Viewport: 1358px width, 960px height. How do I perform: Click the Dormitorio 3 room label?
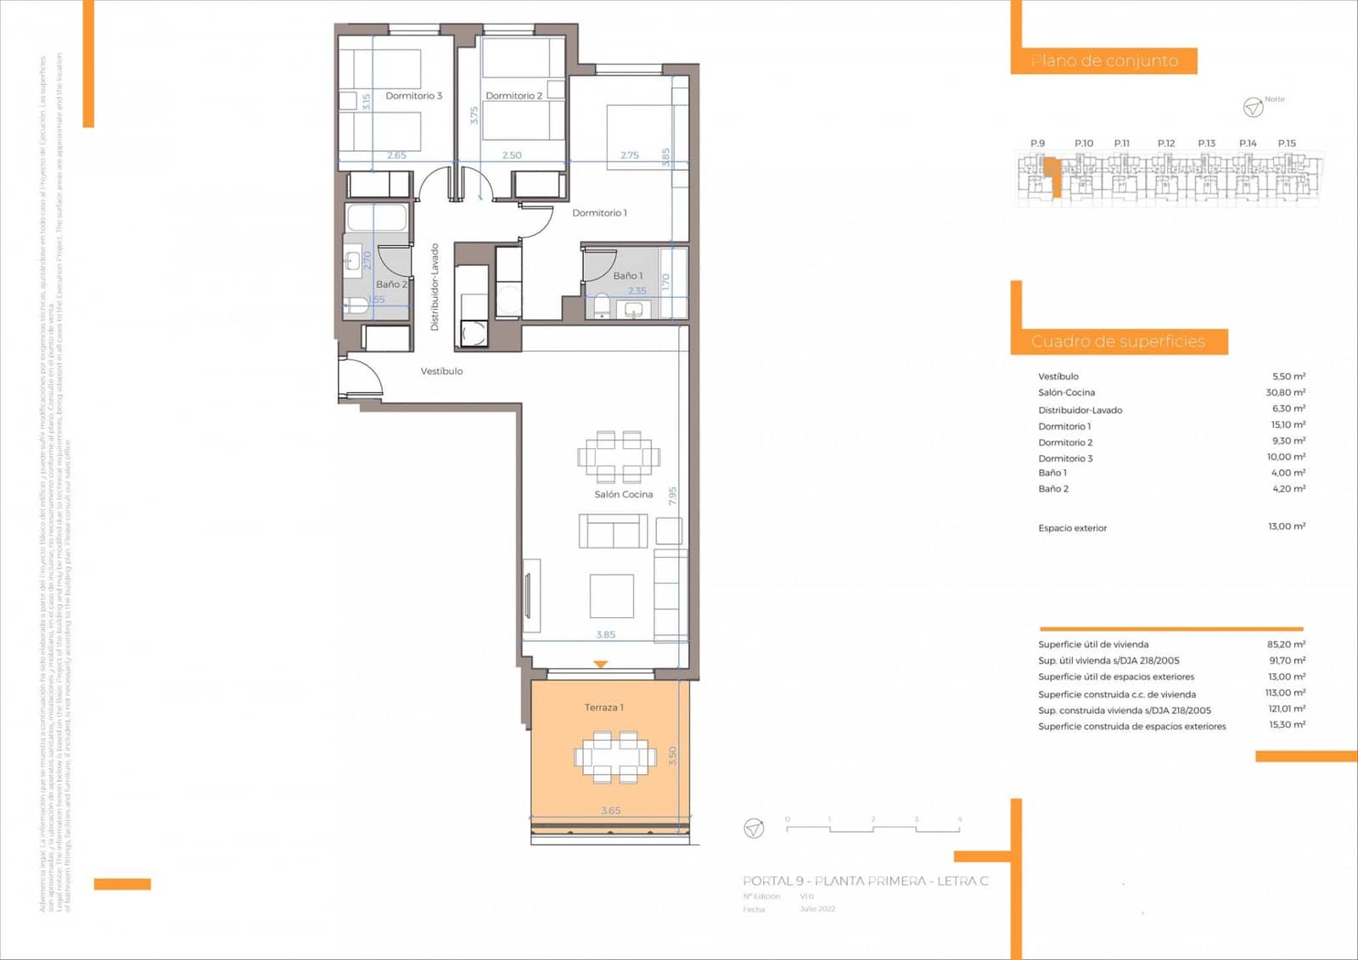tap(413, 96)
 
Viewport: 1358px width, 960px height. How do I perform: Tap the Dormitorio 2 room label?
tap(513, 96)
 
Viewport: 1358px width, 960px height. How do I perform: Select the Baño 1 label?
tap(628, 276)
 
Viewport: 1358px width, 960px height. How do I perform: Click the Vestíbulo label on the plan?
tap(441, 371)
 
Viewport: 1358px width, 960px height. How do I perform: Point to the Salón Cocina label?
tap(623, 494)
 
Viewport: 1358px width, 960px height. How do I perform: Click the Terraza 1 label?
tap(603, 707)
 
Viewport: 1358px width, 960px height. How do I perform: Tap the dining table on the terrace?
tap(615, 755)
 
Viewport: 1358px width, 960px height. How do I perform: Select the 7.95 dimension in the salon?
tap(673, 496)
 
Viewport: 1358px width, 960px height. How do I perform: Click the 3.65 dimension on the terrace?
tap(610, 811)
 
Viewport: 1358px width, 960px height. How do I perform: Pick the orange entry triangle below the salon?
tap(601, 665)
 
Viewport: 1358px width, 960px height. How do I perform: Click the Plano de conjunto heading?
tap(1103, 61)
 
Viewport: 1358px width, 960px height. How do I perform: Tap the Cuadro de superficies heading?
tap(1118, 341)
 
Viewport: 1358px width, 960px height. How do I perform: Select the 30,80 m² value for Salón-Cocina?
tap(1285, 392)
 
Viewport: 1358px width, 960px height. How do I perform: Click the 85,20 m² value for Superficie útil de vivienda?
tap(1286, 644)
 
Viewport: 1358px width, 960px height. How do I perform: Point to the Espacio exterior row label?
tap(1072, 528)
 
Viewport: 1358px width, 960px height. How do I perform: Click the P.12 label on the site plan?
tap(1166, 143)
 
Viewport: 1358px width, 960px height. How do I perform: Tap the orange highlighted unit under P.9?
tap(1052, 175)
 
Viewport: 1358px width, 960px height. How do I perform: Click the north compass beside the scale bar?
tap(754, 828)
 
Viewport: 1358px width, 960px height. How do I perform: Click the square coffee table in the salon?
tap(612, 596)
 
